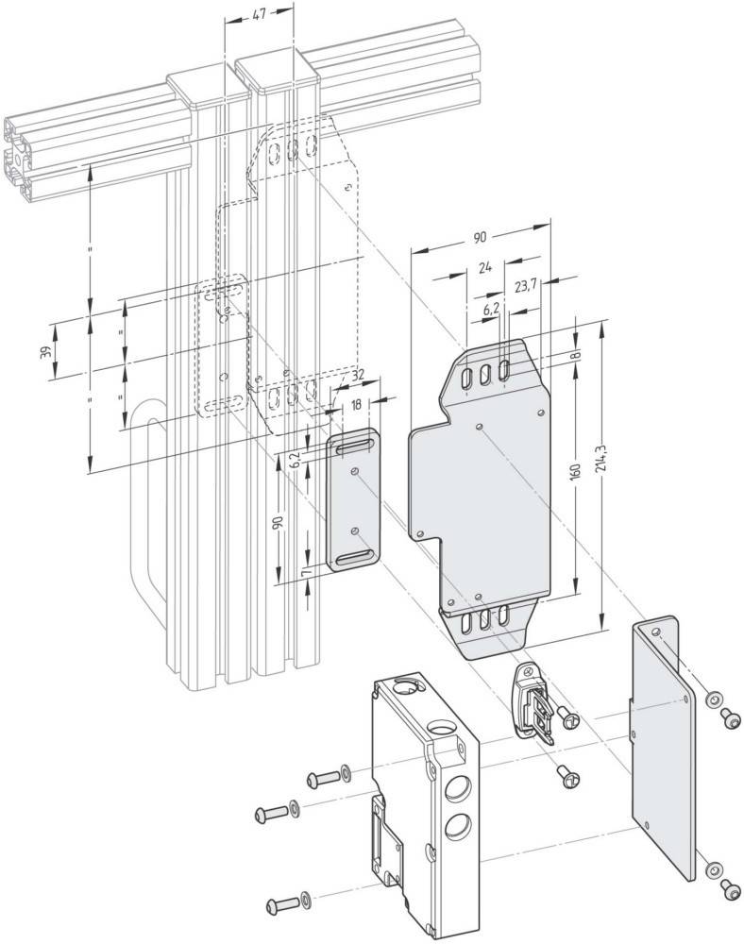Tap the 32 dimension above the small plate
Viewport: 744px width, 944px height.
coord(357,376)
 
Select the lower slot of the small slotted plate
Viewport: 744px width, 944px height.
coord(353,558)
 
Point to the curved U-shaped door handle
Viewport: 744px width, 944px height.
coord(147,529)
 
